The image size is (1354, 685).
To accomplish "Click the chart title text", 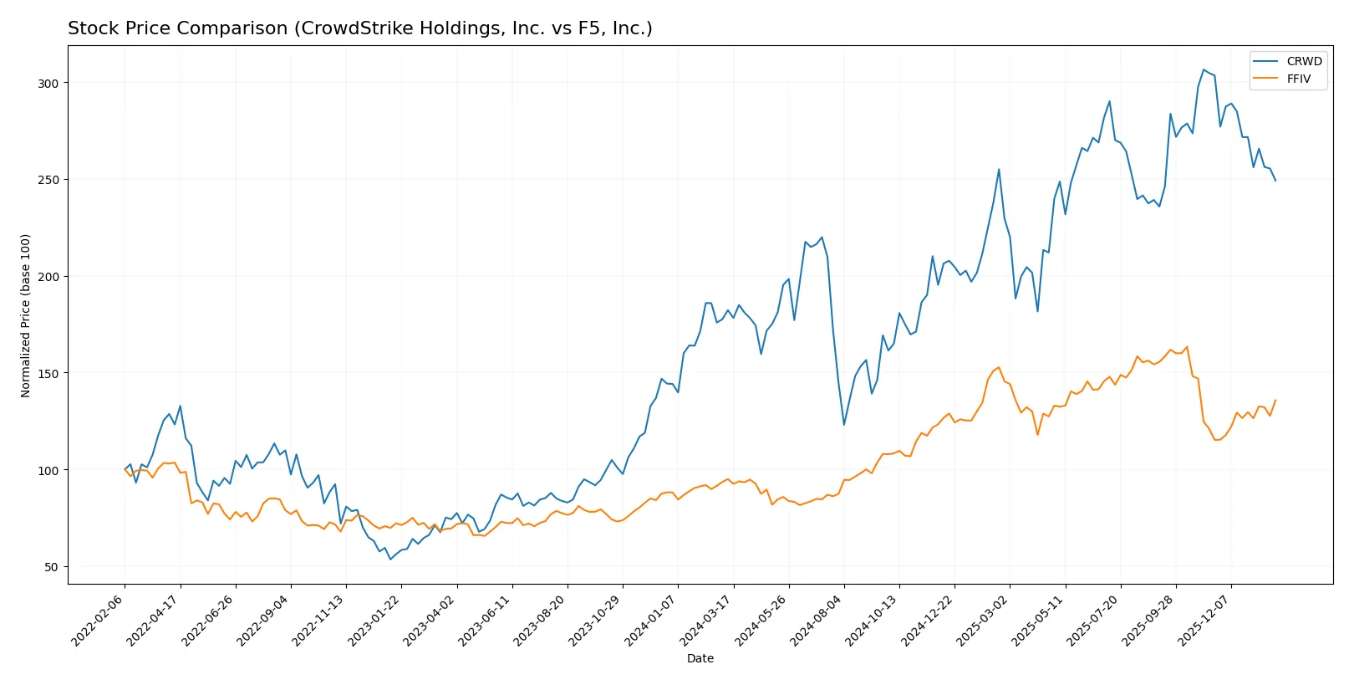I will [x=359, y=28].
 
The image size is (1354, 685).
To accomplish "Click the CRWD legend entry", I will [x=1303, y=61].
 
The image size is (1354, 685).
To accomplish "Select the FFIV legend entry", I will [x=1298, y=79].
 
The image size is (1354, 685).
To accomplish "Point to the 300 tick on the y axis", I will [x=48, y=84].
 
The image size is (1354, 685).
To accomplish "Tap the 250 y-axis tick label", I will [x=48, y=180].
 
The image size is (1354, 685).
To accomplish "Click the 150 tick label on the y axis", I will [x=48, y=373].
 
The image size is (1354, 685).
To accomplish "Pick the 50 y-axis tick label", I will [x=51, y=567].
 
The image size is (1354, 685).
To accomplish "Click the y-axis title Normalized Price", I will [x=26, y=315].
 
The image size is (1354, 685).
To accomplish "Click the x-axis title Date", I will [x=700, y=658].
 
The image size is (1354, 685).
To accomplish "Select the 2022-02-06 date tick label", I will [x=98, y=621].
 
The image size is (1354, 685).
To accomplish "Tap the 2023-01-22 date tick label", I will [x=374, y=621].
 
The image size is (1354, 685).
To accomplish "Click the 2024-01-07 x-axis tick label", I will [x=651, y=621].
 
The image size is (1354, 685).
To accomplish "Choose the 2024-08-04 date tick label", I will [x=817, y=621].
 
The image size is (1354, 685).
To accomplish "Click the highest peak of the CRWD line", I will [x=1204, y=70].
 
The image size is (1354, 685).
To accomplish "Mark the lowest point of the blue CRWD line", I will [x=389, y=559].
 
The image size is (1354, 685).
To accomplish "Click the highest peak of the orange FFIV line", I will [x=1187, y=347].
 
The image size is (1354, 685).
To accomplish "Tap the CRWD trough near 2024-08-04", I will [x=844, y=424].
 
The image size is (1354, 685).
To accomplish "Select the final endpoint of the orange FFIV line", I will [x=1275, y=400].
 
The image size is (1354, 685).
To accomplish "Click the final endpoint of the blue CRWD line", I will [x=1275, y=181].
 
